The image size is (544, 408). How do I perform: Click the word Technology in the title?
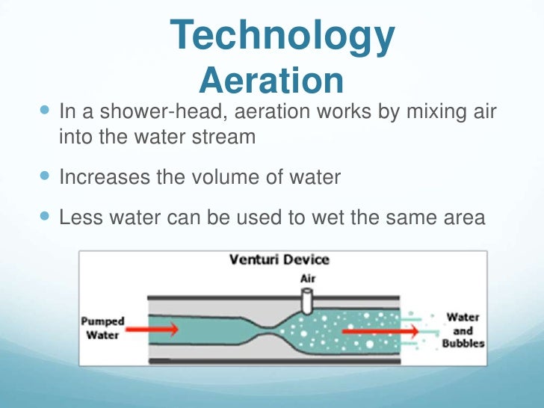tap(282, 36)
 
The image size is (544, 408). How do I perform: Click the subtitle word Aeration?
tap(273, 80)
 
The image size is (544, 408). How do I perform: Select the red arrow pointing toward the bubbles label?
tap(374, 328)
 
